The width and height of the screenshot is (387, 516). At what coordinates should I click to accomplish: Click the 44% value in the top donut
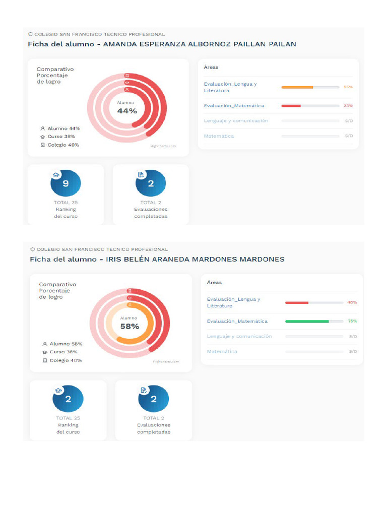click(127, 111)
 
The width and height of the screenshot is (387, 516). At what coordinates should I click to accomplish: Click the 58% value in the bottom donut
click(130, 326)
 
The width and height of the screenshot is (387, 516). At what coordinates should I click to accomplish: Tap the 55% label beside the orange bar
click(348, 87)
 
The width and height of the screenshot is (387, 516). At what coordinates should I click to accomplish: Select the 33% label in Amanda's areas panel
click(348, 106)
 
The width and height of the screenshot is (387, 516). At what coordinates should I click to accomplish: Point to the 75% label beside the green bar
click(352, 321)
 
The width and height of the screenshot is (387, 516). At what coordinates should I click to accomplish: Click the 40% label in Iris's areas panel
click(352, 302)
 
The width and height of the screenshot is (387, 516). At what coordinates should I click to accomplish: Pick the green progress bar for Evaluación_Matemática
click(307, 321)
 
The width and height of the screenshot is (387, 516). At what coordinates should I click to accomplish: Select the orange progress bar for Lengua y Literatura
click(297, 87)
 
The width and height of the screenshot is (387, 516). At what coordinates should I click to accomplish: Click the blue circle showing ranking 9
click(66, 184)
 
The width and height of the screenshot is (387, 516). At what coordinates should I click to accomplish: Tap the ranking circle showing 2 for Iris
click(68, 399)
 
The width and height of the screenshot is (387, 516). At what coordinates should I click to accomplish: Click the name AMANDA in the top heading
click(119, 44)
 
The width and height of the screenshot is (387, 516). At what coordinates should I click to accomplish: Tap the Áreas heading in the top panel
click(211, 67)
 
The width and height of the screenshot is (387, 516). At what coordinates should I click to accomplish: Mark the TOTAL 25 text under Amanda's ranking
click(66, 203)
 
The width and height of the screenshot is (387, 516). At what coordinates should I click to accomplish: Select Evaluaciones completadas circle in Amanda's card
click(151, 184)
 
